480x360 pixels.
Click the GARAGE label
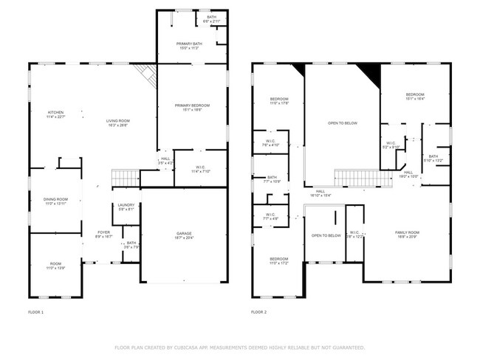click(184, 235)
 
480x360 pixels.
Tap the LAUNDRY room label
click(126, 207)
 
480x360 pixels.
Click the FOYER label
click(103, 233)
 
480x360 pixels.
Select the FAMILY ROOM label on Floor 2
click(406, 233)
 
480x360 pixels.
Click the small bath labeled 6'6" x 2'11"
click(212, 19)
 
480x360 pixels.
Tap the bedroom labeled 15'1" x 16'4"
click(414, 96)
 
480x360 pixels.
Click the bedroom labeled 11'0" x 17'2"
click(278, 260)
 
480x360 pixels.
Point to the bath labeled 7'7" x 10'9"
click(272, 179)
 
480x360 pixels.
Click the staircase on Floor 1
click(125, 178)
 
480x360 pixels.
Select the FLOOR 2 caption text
click(258, 313)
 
